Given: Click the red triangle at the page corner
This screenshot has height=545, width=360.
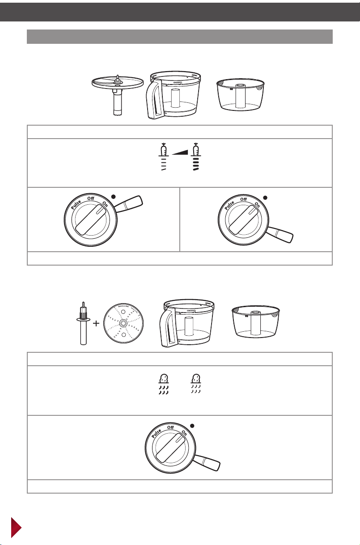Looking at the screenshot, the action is point(16,527).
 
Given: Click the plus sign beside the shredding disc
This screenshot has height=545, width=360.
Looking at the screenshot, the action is point(97,323).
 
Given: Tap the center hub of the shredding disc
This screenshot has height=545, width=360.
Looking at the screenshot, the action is point(123,323).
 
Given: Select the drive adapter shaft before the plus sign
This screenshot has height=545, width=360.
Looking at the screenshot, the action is point(83,323).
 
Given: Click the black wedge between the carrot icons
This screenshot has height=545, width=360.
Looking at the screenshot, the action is point(180,152).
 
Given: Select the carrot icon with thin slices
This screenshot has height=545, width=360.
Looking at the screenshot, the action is point(164,156).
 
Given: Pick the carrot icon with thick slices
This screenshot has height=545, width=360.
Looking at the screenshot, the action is point(196,156).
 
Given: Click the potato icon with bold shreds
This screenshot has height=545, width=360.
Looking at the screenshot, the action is point(164,384).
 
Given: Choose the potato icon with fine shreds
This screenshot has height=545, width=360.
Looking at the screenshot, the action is point(196,384).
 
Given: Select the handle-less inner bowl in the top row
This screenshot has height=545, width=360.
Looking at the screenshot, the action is point(241,95).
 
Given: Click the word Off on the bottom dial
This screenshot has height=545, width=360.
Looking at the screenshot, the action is point(171,427).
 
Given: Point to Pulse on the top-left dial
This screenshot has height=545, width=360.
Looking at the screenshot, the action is point(76,205).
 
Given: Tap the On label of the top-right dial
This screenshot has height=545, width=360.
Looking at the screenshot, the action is point(257,205).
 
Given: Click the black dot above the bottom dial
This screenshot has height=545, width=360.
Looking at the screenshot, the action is point(192,426).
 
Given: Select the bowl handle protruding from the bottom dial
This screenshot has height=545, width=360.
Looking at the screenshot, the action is point(207,463).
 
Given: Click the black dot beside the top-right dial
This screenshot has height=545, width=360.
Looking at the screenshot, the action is point(265,198).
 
